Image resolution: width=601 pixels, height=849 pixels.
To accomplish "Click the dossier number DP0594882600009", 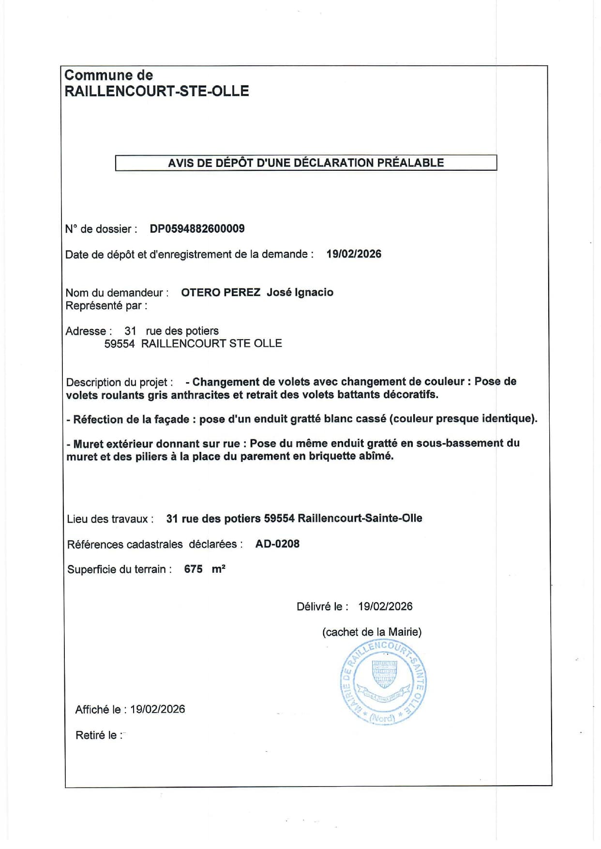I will (x=197, y=229).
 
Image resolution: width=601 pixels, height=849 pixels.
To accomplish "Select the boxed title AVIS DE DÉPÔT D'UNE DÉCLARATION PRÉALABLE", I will (x=306, y=163).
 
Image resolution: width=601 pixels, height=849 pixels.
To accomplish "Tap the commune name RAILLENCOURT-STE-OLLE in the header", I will (x=157, y=91).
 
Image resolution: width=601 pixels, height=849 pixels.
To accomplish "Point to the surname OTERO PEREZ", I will (x=221, y=292).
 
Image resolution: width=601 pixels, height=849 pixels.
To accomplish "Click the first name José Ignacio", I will (x=300, y=292).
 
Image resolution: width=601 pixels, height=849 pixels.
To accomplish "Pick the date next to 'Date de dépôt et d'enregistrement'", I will (x=354, y=254).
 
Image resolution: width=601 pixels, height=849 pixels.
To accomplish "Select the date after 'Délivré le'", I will (x=385, y=607).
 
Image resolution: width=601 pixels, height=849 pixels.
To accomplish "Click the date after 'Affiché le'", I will (x=157, y=709).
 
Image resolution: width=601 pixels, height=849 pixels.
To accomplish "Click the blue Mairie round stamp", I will (x=383, y=682).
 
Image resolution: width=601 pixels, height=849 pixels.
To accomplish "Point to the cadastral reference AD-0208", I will (x=277, y=544).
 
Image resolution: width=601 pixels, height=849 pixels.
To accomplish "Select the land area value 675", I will (x=193, y=569).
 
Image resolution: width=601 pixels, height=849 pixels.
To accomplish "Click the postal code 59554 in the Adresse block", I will (x=120, y=343).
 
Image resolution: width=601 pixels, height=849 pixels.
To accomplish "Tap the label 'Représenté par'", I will (x=106, y=306).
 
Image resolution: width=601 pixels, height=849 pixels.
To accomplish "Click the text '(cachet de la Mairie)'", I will (x=372, y=632).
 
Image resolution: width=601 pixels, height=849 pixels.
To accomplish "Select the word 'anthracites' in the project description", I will (x=200, y=395).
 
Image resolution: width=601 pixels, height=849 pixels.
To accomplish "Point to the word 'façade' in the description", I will (x=171, y=419).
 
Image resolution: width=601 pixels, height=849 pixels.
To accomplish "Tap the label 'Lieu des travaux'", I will (x=110, y=519).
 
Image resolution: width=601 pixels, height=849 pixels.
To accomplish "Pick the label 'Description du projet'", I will (x=119, y=382).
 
